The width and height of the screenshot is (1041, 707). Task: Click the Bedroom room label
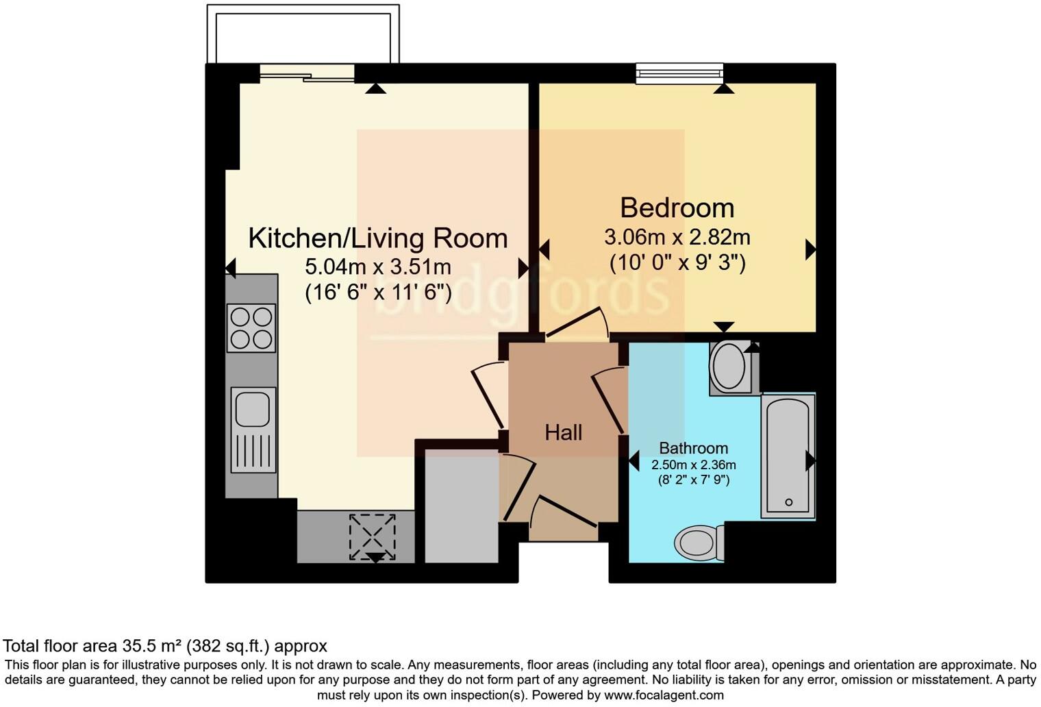pyautogui.click(x=677, y=208)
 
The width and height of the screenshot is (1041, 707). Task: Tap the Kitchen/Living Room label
pyautogui.click(x=378, y=238)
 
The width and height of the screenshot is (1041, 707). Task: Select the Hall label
pyautogui.click(x=563, y=433)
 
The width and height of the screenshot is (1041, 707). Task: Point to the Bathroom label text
pyautogui.click(x=693, y=448)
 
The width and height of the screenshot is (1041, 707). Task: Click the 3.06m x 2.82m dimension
pyautogui.click(x=677, y=238)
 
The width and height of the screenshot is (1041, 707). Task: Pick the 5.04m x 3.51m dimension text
pyautogui.click(x=378, y=266)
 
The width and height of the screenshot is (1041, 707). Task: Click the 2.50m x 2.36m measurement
pyautogui.click(x=693, y=464)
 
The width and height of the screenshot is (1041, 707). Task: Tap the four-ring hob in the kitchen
pyautogui.click(x=251, y=327)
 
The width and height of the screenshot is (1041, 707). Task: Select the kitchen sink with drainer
pyautogui.click(x=253, y=430)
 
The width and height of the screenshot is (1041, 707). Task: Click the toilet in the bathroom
pyautogui.click(x=699, y=543)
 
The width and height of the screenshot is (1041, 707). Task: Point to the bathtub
pyautogui.click(x=788, y=456)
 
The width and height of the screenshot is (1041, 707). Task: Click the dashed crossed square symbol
pyautogui.click(x=373, y=537)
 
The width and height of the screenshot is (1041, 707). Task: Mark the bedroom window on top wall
pyautogui.click(x=679, y=74)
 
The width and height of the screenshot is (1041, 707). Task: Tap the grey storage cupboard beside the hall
pyautogui.click(x=462, y=506)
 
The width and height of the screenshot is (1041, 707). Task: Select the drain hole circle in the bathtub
pyautogui.click(x=789, y=502)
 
